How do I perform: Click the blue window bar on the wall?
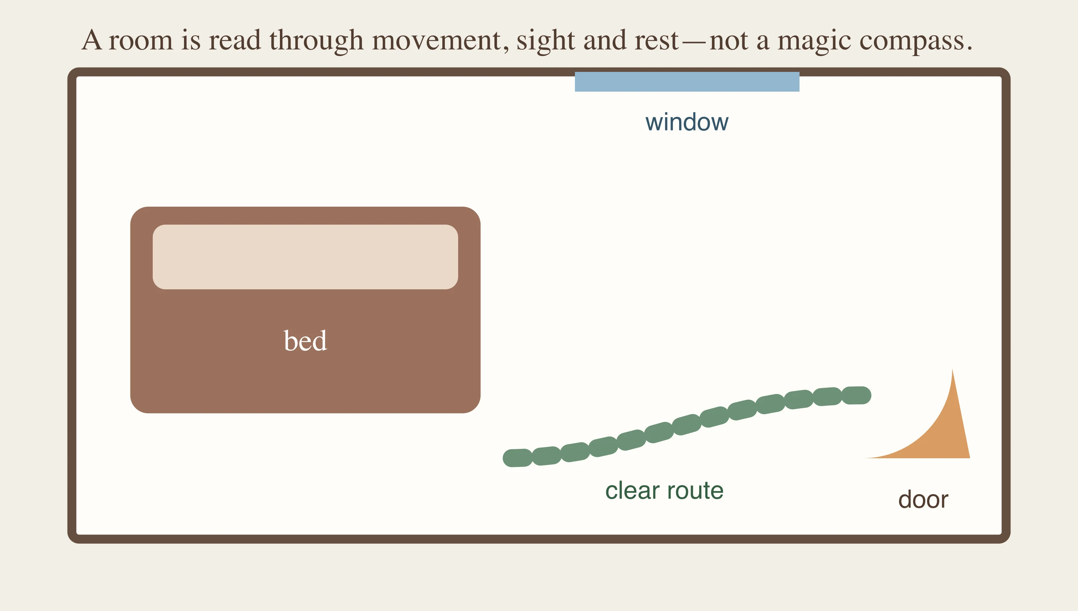click(687, 82)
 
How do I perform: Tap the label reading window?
click(687, 122)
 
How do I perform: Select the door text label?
click(923, 499)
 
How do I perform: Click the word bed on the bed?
click(305, 340)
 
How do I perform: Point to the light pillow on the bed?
click(305, 257)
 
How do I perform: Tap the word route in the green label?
click(695, 491)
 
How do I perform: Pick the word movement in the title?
click(436, 41)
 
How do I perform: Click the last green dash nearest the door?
click(856, 395)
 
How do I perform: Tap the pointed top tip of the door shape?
click(952, 369)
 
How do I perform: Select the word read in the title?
click(235, 41)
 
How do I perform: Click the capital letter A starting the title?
click(92, 40)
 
